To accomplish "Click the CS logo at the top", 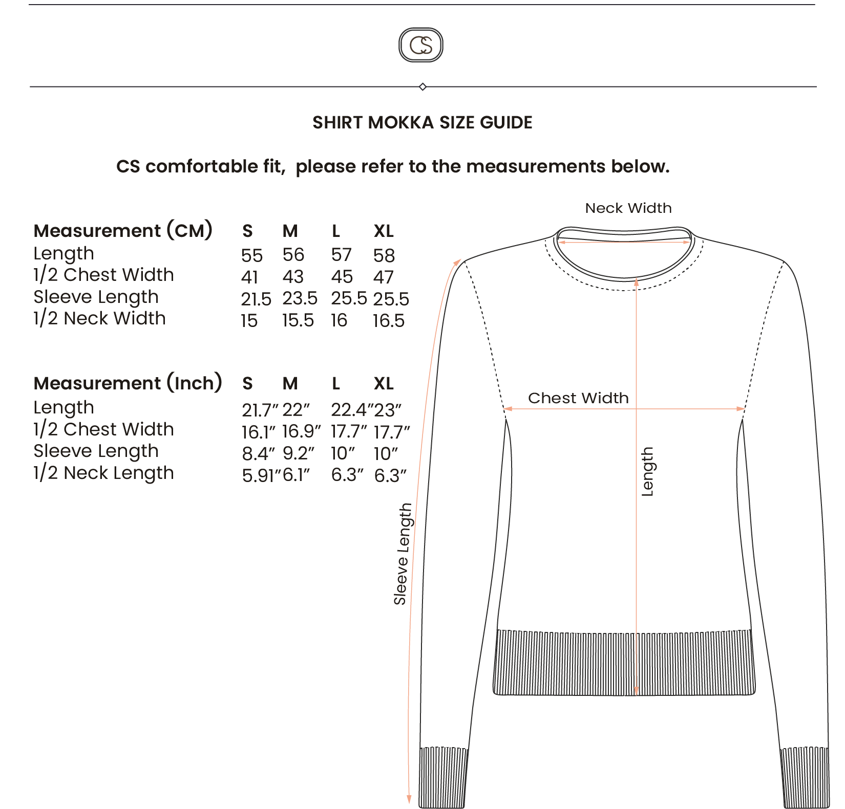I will click(x=421, y=45).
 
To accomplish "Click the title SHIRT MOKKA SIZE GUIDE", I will click(x=422, y=123).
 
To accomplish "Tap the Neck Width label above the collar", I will click(x=628, y=208).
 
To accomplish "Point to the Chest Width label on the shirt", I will click(x=578, y=398).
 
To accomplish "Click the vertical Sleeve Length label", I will click(x=403, y=554).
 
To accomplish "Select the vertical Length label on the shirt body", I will click(x=648, y=472).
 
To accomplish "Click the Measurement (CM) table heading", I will click(x=123, y=231).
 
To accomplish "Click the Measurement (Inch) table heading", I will click(x=128, y=383).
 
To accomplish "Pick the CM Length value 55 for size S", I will click(x=252, y=255).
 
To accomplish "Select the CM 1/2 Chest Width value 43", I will click(x=293, y=277).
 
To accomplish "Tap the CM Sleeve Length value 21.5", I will click(x=256, y=299).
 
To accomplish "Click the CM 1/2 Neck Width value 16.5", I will click(x=389, y=321).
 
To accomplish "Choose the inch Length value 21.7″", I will click(x=260, y=410).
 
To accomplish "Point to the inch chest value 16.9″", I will click(x=302, y=431).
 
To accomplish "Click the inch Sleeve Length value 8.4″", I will click(x=259, y=453).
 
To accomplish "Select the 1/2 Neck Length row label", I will click(x=104, y=473).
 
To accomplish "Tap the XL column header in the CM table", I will click(x=384, y=231).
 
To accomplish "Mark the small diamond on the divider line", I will click(x=422, y=87).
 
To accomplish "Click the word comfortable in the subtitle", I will click(x=214, y=167).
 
